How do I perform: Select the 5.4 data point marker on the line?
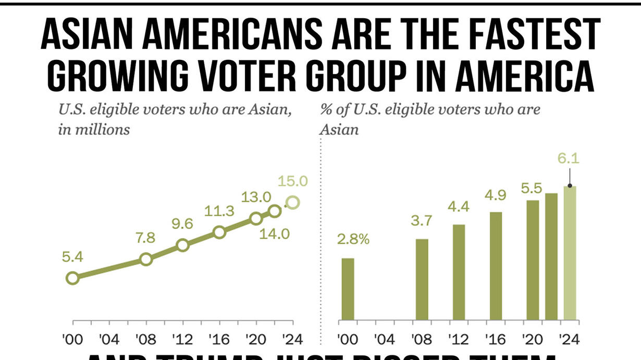point(72,278)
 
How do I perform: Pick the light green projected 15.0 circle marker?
point(293,202)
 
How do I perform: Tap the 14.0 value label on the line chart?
point(274,234)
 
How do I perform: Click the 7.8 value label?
point(145,238)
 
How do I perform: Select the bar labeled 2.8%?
point(348,289)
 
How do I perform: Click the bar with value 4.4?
point(459,272)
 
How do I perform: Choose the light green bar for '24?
point(570,253)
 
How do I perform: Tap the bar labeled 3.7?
point(422,279)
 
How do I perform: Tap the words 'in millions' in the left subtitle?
point(94,129)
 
